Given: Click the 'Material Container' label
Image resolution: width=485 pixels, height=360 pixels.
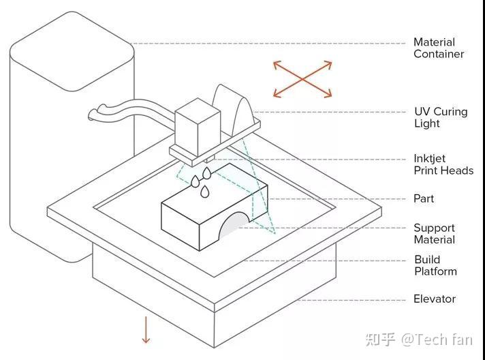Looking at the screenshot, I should pos(439,48).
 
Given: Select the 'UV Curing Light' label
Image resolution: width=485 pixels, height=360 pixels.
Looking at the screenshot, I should pos(440,117).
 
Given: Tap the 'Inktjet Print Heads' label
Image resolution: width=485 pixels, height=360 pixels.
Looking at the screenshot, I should pos(443,164).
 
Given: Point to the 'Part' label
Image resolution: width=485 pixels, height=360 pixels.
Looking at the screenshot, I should pos(423,198).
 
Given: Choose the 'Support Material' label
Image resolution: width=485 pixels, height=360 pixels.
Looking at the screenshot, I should pos(434,234).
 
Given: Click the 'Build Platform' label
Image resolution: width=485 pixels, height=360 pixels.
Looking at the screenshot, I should pos(435,265).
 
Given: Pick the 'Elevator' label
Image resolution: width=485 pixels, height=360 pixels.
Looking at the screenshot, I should pos(435,299).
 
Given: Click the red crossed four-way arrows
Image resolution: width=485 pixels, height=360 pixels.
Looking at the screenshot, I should pos(302,79).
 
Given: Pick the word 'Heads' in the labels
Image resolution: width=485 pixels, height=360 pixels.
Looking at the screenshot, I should pos(457,170).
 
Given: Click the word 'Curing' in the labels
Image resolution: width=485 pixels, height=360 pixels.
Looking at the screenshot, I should pos(450,112).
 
